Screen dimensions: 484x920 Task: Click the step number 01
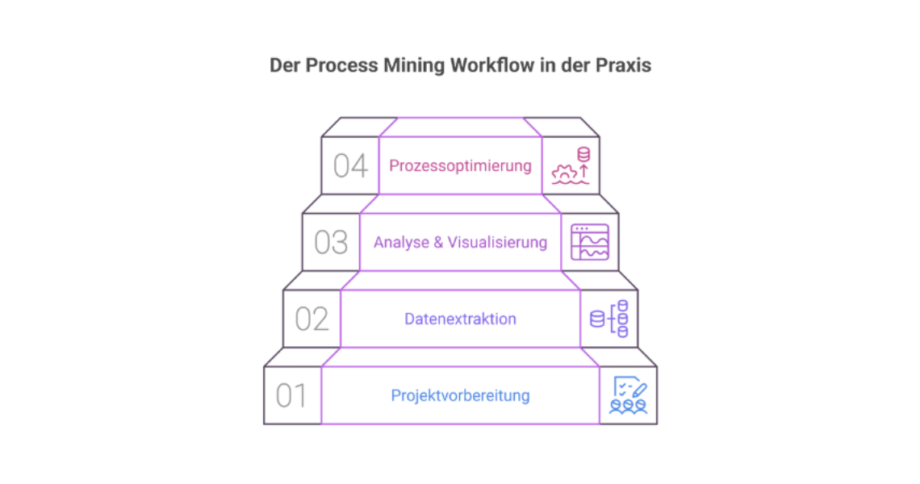coord(291,396)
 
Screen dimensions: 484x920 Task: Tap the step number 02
coord(312,319)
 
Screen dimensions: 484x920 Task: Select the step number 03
coord(331,243)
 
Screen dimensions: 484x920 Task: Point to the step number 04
coord(350,166)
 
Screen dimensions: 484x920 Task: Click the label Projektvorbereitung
coord(460,396)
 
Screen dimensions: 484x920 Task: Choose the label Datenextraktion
coord(460,319)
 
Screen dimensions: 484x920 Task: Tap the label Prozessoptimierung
coord(460,166)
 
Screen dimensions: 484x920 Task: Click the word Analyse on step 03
coord(401,243)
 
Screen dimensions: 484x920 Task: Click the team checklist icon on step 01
coord(629,395)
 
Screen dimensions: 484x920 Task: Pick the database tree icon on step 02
coord(609,319)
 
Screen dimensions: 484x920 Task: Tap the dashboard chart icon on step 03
coord(590,242)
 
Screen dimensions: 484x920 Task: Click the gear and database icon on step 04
coord(571,166)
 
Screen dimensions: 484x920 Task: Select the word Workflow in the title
coord(490,65)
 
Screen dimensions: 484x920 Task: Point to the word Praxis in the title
coord(622,65)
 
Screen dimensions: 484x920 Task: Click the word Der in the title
coord(284,65)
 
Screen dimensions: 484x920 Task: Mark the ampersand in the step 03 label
coord(438,243)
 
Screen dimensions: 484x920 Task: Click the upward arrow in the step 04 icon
coord(583,170)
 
